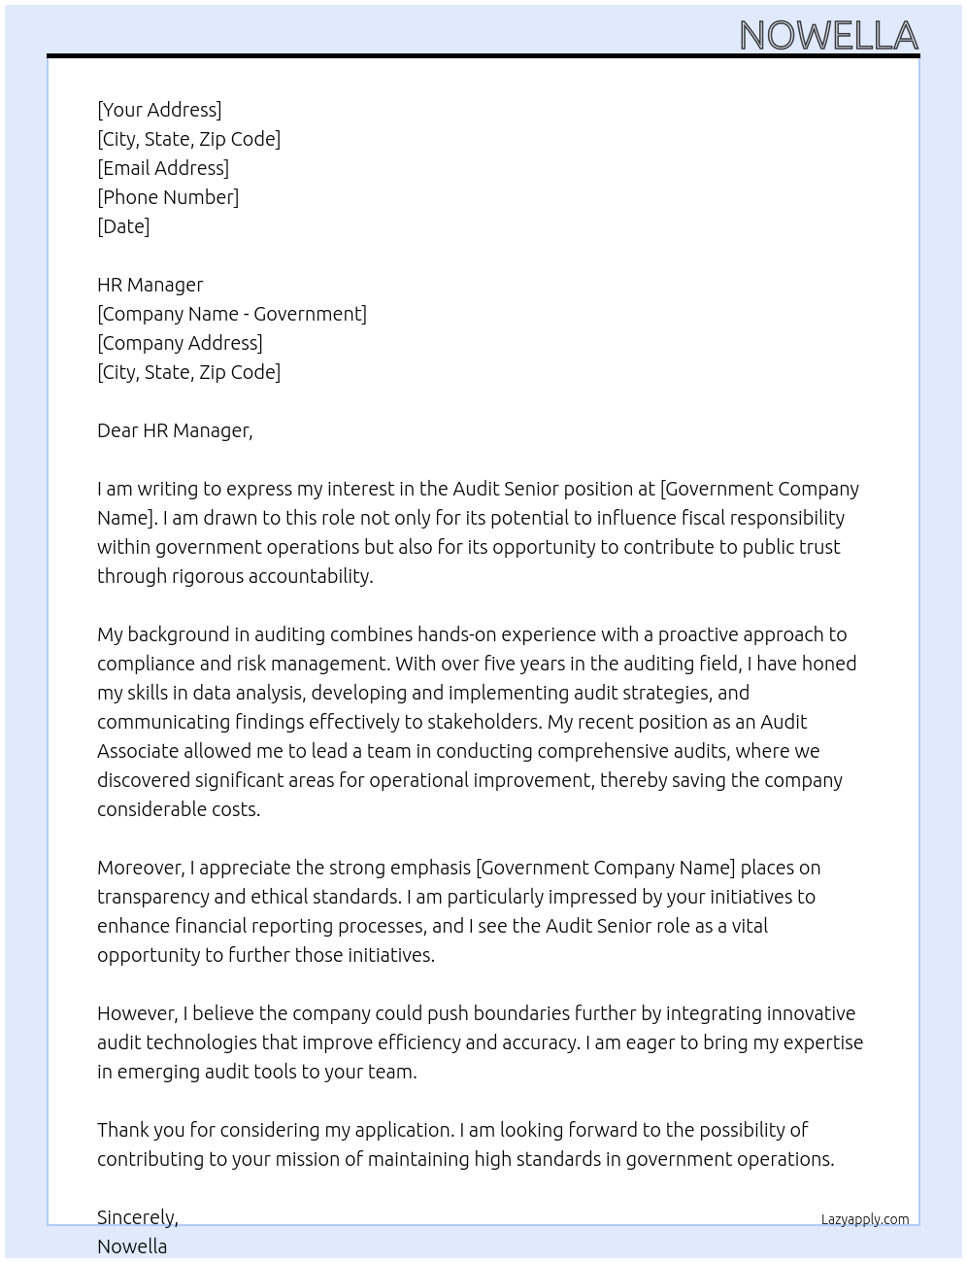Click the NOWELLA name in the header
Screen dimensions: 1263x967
828,35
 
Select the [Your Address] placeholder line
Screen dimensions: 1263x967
159,110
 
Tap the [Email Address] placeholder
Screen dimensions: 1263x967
163,168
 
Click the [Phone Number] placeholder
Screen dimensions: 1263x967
168,197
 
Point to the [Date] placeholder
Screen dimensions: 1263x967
123,226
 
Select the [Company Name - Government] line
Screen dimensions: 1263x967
232,314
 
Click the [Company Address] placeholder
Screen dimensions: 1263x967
180,343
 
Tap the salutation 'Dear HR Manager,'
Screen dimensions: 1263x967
175,430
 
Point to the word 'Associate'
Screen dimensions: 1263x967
138,751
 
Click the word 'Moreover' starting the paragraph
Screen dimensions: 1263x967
141,868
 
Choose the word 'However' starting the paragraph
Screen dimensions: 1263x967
137,1013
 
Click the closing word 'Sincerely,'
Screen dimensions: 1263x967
138,1217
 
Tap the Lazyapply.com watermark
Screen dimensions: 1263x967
865,1219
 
